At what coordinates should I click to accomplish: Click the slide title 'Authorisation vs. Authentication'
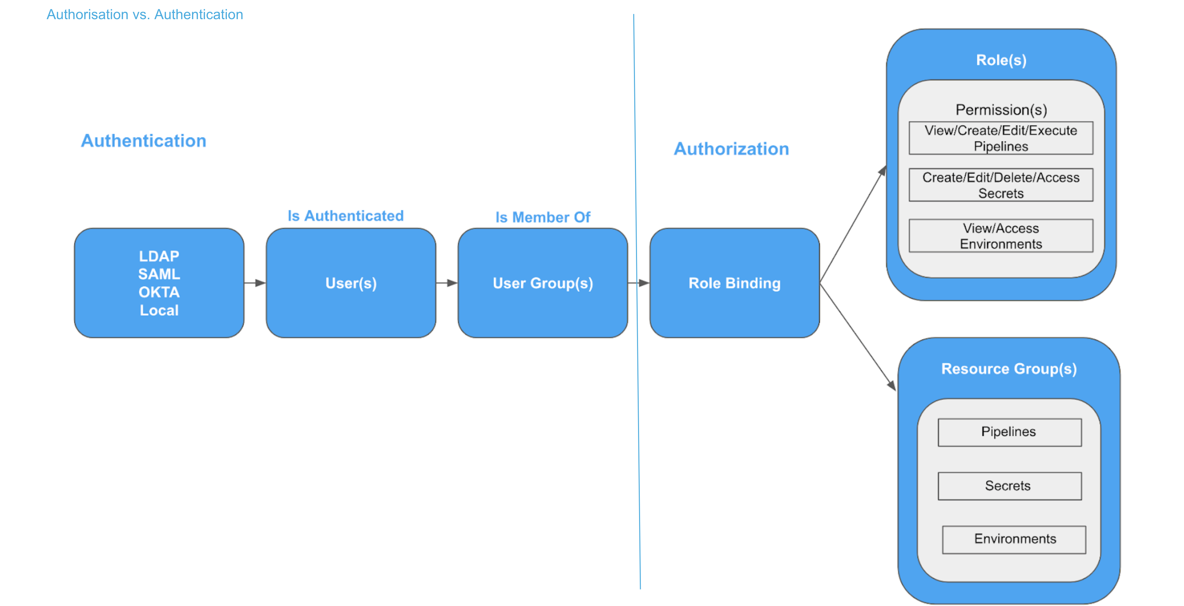(x=145, y=15)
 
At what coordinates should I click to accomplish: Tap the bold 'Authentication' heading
(x=143, y=141)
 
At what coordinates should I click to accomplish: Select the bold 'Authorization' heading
(x=731, y=149)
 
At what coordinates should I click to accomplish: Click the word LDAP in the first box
(x=159, y=256)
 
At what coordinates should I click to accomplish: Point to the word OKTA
(x=159, y=292)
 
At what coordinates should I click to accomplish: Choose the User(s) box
(x=351, y=283)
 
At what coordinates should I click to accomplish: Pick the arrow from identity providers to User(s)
(x=255, y=283)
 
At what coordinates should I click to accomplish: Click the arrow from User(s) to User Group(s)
(x=446, y=283)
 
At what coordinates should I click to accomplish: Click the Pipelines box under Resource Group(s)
(x=1009, y=432)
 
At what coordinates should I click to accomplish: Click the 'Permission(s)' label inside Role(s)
(x=1001, y=110)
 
